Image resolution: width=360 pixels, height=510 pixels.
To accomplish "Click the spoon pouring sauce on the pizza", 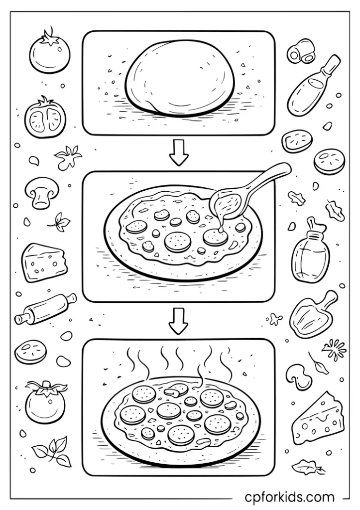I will coord(227,202).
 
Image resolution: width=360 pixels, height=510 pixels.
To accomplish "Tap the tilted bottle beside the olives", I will coord(311,87).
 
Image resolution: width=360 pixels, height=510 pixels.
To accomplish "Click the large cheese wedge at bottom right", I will coord(318,418).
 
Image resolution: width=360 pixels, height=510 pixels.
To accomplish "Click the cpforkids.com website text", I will coord(289,497).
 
